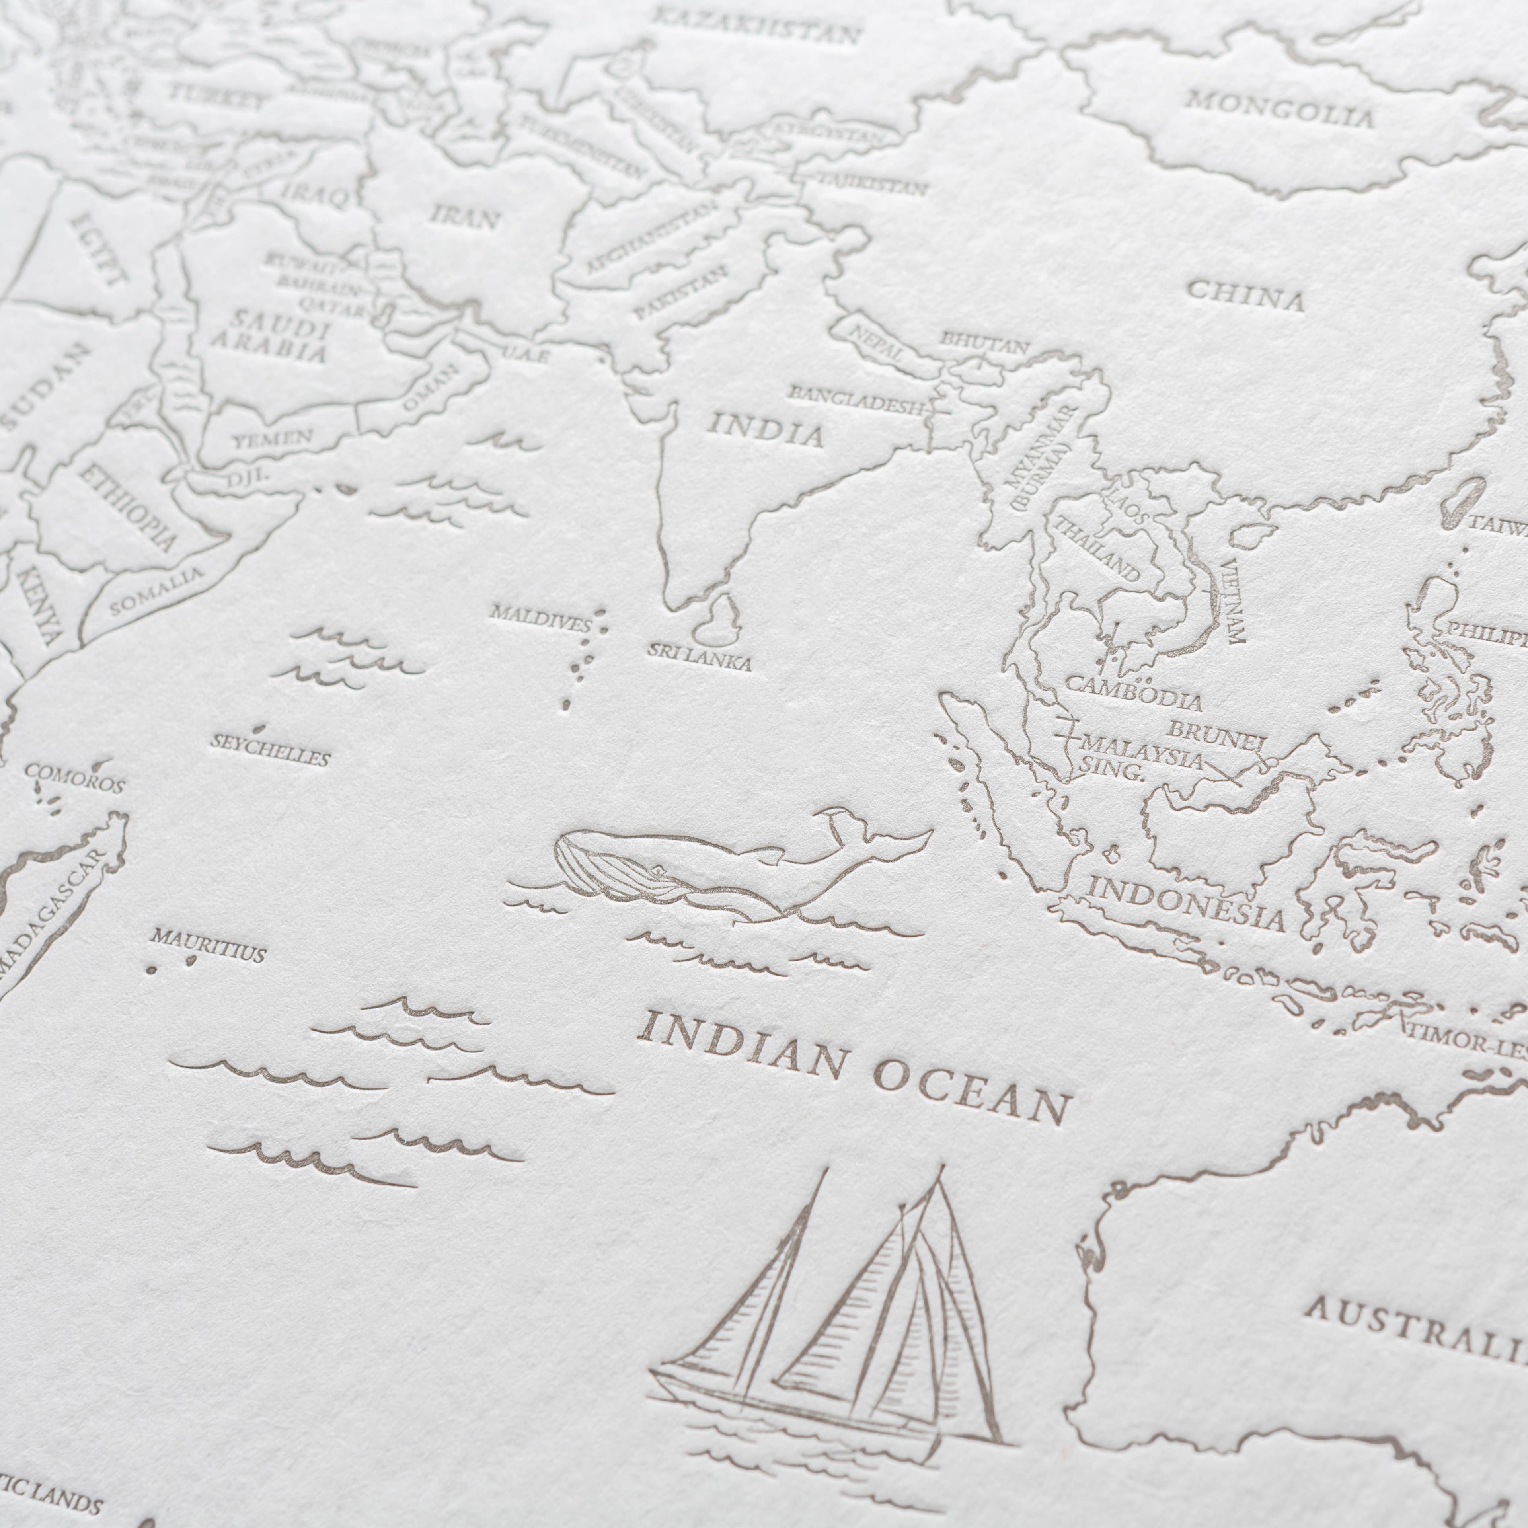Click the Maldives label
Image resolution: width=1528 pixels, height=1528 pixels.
pyautogui.click(x=540, y=618)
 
